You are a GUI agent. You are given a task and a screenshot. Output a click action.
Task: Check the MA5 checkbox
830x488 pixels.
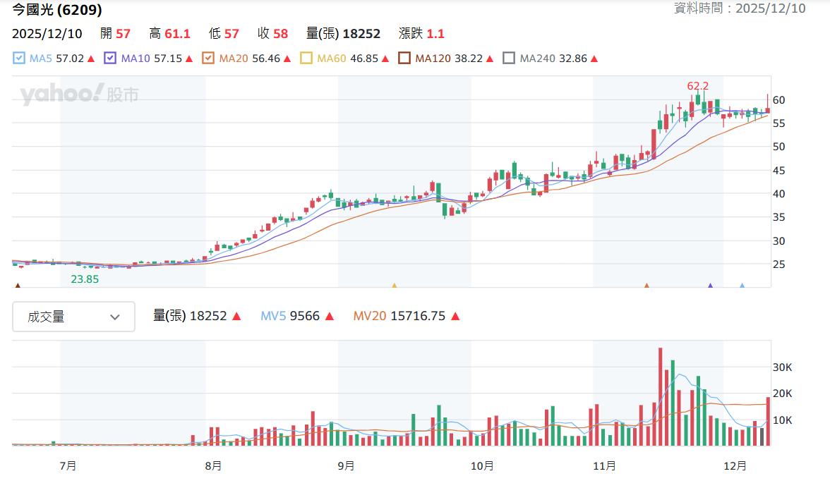click(18, 58)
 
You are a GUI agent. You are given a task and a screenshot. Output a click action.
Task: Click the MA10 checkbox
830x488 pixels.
click(110, 58)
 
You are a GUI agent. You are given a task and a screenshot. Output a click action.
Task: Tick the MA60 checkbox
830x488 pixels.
click(306, 58)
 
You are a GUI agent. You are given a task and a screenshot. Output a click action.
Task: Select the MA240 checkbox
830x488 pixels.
click(509, 58)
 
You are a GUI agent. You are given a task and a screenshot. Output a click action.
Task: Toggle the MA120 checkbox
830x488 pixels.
click(404, 58)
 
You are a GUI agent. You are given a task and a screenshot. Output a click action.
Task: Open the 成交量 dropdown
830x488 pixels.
click(73, 317)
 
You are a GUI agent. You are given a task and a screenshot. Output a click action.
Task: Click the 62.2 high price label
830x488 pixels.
click(697, 85)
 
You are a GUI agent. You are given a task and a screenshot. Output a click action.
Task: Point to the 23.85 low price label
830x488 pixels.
click(85, 279)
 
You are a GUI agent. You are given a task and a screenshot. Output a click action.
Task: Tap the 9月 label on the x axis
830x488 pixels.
click(346, 466)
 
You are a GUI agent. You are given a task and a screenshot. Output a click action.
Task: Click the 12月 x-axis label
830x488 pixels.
click(735, 466)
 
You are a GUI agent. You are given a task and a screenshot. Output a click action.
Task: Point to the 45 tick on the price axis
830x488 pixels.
click(778, 170)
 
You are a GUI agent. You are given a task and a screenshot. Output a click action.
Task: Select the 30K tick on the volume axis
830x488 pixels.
click(782, 367)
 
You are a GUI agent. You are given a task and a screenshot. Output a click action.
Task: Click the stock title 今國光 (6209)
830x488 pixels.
click(57, 9)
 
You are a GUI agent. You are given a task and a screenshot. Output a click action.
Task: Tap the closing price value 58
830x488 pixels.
click(281, 34)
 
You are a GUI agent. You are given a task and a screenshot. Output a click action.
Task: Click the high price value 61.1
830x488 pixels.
click(177, 34)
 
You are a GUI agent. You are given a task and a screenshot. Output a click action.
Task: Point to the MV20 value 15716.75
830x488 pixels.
click(418, 316)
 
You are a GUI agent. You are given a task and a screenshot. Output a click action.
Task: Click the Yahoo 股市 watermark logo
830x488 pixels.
click(79, 94)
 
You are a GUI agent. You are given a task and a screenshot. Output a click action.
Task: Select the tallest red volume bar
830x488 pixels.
click(661, 396)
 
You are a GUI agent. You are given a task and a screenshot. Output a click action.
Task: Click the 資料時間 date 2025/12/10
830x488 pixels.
click(770, 8)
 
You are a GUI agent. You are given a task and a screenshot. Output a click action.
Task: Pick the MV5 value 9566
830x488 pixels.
click(304, 316)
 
